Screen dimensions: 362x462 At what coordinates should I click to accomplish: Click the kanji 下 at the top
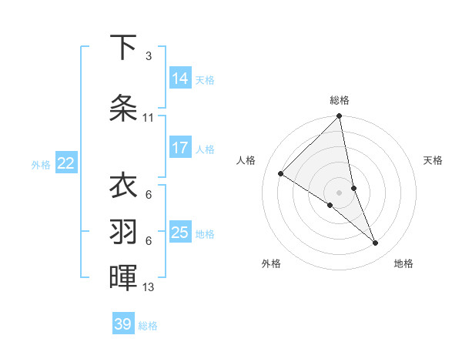click(124, 49)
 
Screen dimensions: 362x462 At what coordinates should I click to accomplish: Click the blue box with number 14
click(180, 79)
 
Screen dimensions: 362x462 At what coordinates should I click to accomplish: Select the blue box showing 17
click(180, 148)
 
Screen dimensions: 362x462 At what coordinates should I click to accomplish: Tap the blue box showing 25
click(180, 233)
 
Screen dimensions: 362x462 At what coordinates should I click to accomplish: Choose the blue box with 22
click(66, 163)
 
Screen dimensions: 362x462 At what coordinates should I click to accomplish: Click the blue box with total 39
click(123, 324)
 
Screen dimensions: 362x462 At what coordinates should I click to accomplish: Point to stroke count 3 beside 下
click(149, 56)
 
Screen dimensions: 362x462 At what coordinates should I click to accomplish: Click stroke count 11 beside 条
click(149, 118)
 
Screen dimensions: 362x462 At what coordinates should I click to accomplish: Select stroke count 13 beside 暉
click(149, 287)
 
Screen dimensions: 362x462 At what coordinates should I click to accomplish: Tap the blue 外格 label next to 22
click(41, 164)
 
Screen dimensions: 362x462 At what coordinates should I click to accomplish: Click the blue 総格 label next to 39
click(148, 326)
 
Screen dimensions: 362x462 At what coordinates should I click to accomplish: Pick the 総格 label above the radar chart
click(340, 100)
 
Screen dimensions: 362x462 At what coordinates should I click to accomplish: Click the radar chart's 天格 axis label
click(433, 160)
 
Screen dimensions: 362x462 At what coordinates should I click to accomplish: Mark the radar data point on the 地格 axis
click(376, 243)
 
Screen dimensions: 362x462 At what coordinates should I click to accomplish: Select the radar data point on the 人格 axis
click(281, 173)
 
